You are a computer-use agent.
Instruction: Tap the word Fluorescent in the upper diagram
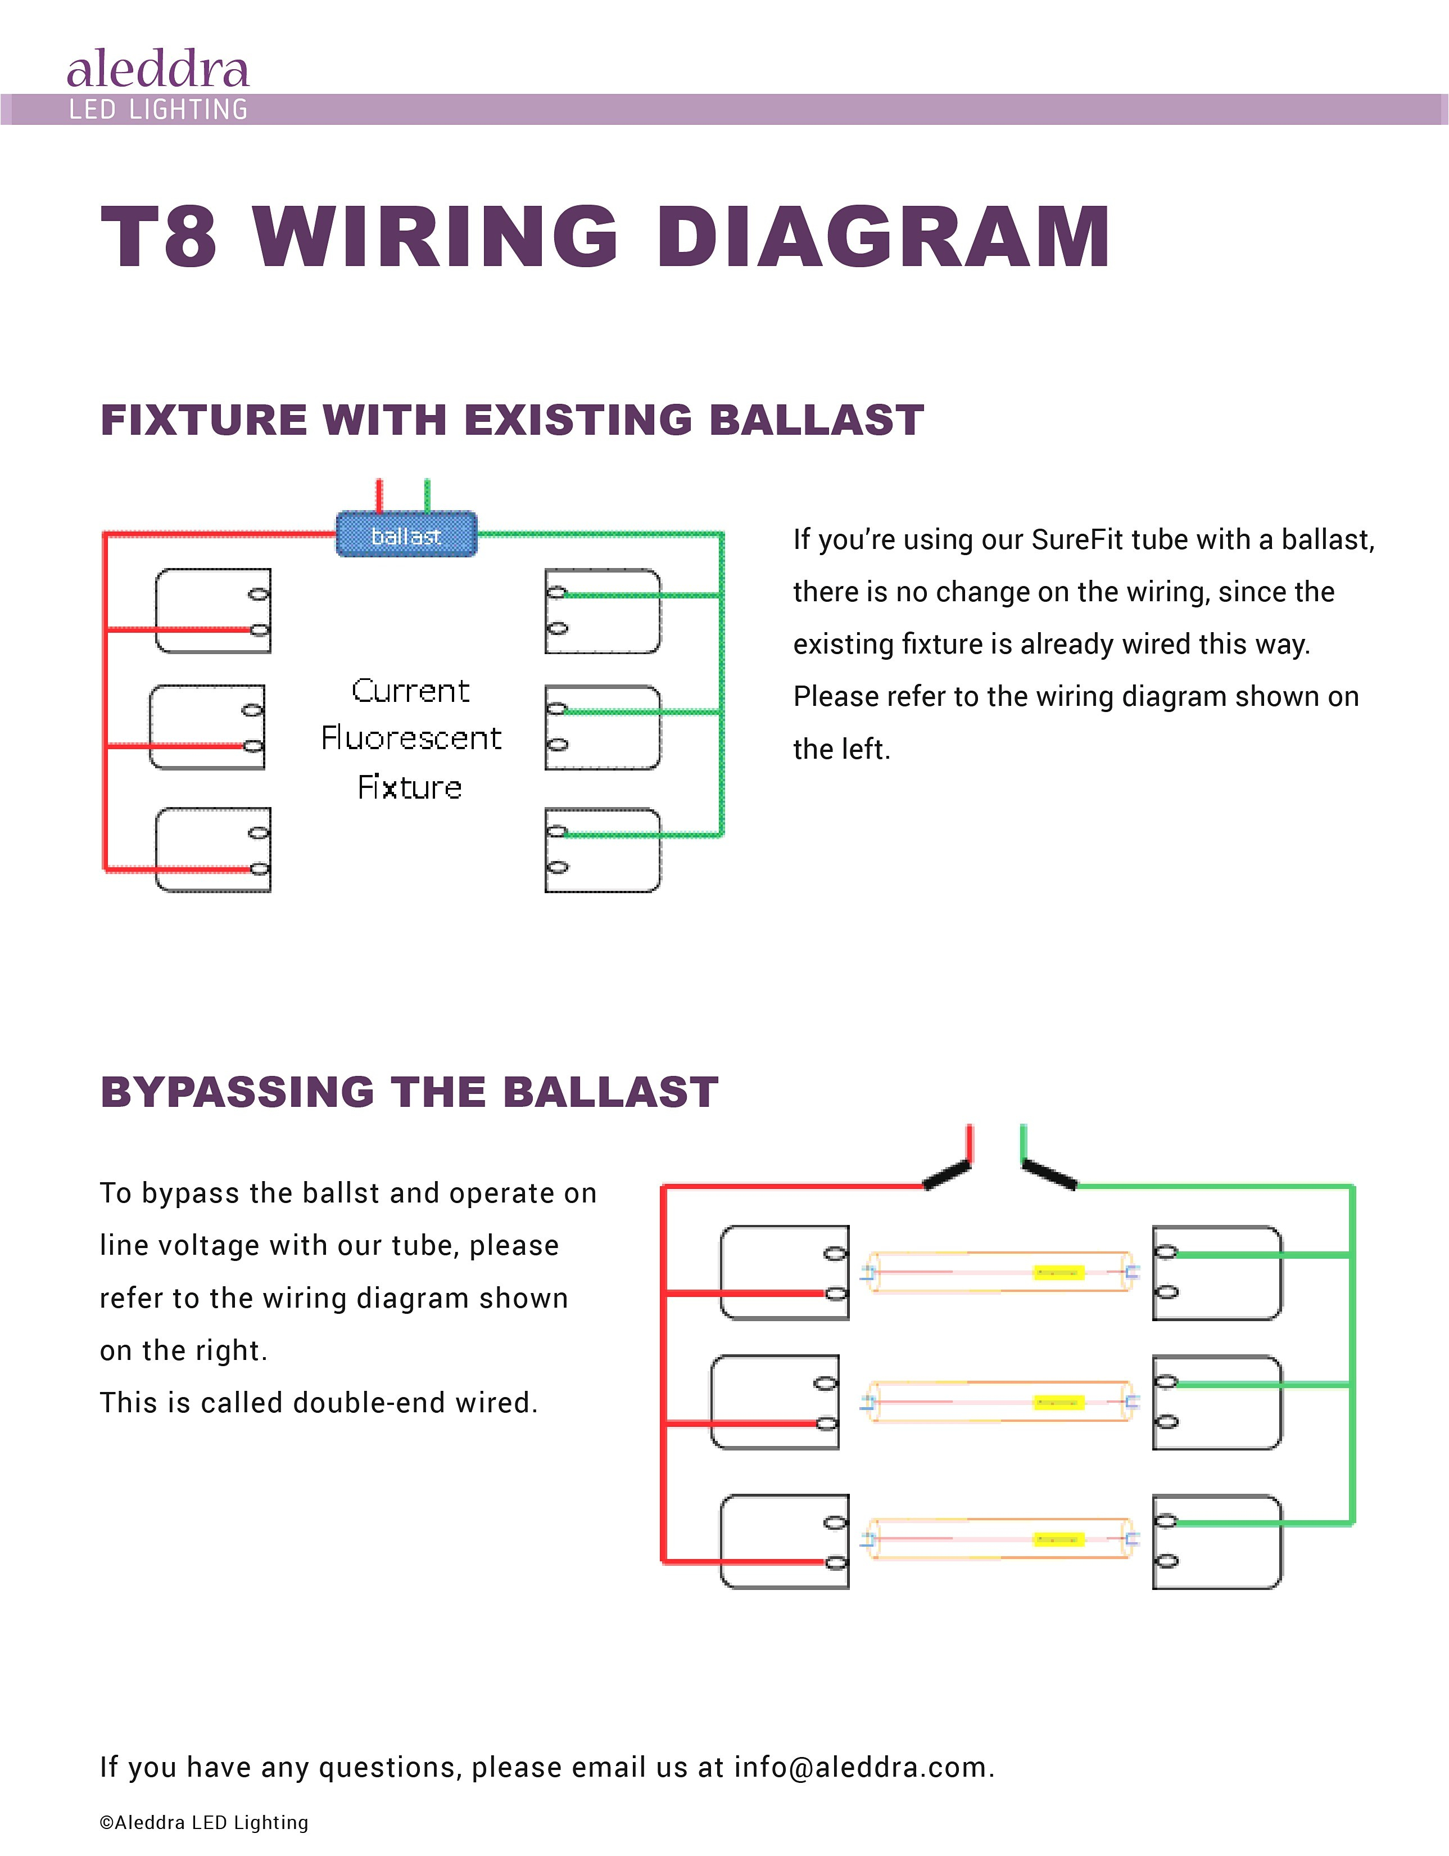(411, 738)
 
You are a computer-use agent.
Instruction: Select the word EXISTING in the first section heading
(578, 420)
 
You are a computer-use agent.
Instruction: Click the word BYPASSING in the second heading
(237, 1092)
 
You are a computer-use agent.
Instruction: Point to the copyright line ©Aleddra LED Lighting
(204, 1822)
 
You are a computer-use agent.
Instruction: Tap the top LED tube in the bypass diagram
(998, 1272)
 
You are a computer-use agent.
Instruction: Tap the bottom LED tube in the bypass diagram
(998, 1539)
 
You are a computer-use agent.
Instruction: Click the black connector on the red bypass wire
(946, 1174)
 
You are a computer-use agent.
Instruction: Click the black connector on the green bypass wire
(1050, 1174)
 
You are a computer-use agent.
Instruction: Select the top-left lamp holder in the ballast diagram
(212, 611)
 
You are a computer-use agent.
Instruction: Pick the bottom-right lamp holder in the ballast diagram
(602, 850)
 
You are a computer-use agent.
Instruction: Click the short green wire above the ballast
(427, 494)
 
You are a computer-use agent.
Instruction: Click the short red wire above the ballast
(379, 494)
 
